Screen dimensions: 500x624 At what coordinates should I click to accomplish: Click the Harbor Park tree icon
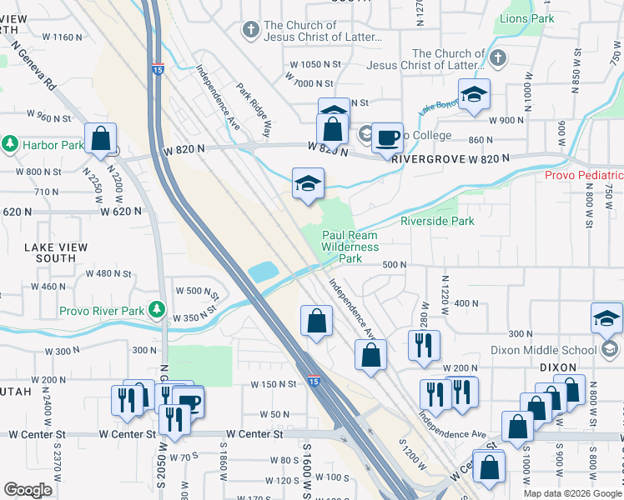coord(10,144)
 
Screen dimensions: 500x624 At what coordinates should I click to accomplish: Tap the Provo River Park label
coord(102,312)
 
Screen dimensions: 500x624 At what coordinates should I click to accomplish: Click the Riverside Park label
coord(437,221)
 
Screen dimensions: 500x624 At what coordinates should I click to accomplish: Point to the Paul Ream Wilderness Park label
coord(350,247)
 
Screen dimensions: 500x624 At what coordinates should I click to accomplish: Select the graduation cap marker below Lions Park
coord(474,97)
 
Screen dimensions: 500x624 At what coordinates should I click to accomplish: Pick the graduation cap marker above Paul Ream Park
coord(307,184)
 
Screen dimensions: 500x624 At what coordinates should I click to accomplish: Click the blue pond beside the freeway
coord(263,271)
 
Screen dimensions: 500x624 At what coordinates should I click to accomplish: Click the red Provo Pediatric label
coord(583,175)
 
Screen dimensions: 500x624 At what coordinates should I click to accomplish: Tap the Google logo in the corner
coord(28,490)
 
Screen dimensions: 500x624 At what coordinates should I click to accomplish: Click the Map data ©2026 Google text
coord(572,493)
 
